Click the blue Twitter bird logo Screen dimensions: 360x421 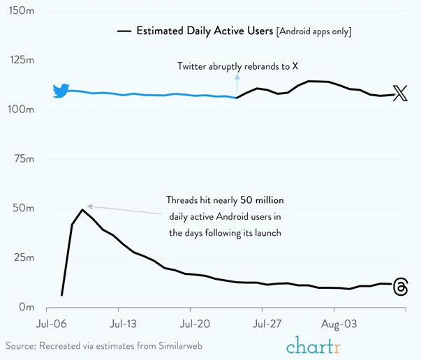[61, 91]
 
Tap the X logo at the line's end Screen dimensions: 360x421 [400, 93]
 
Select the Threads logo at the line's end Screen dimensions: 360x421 [401, 287]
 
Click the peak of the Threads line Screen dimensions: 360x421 [82, 209]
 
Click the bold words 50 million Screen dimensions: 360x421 [261, 200]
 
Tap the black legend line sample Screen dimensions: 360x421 [124, 31]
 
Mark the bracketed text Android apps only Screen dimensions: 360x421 [313, 31]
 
